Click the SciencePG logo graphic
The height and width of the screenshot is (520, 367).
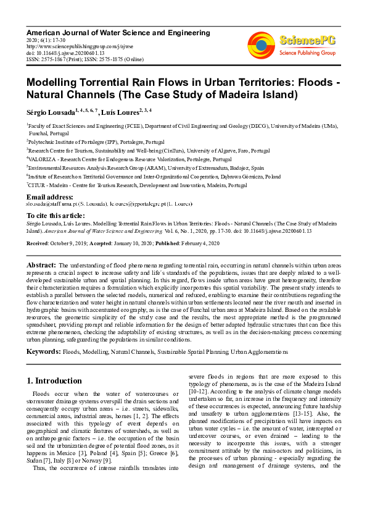(x=262, y=43)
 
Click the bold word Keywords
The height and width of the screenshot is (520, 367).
(x=43, y=351)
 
